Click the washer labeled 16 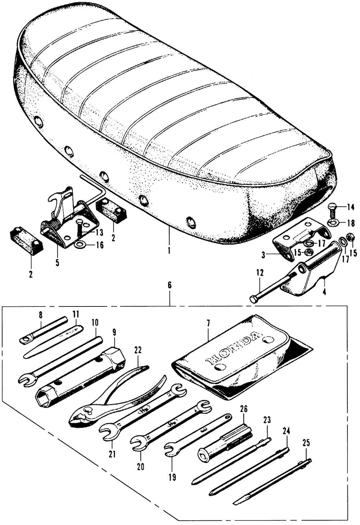coord(79,245)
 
